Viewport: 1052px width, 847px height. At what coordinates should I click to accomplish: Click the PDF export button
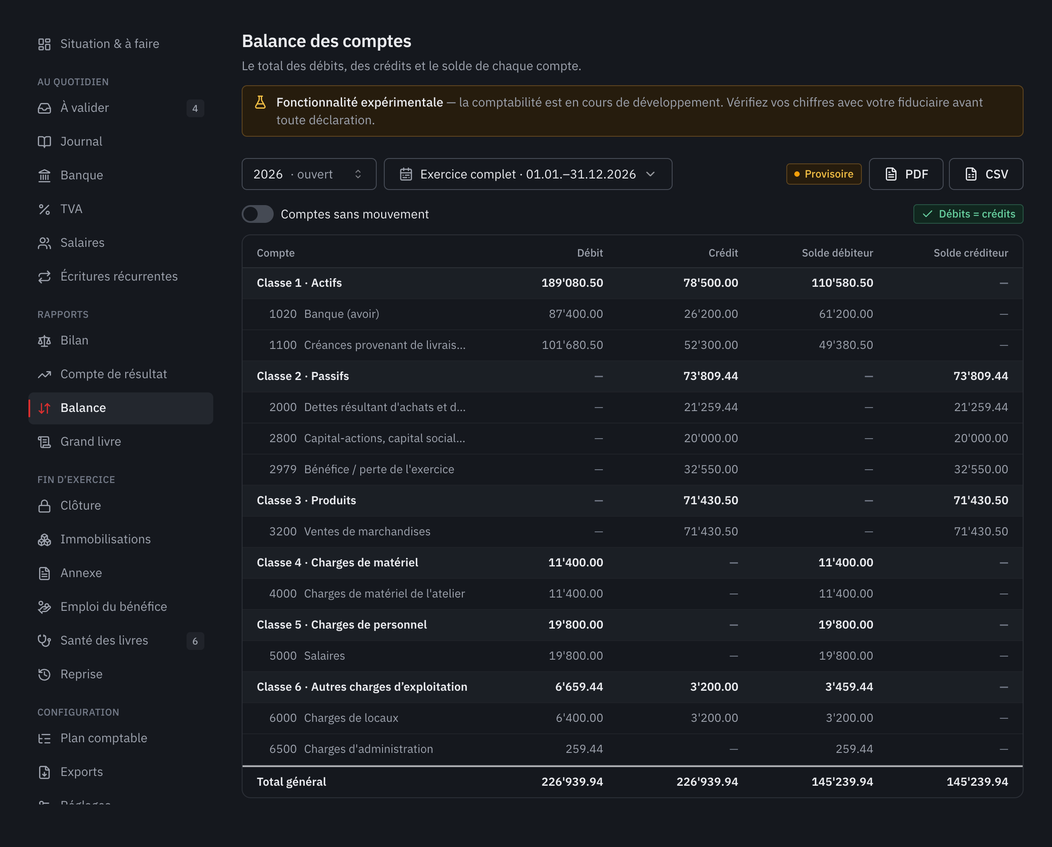point(905,174)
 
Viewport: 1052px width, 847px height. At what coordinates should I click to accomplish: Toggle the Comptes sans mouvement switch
point(258,214)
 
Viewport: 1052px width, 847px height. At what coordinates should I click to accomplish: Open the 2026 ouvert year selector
point(309,174)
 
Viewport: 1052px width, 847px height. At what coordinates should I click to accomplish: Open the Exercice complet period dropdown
point(528,174)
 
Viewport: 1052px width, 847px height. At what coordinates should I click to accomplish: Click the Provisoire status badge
point(824,174)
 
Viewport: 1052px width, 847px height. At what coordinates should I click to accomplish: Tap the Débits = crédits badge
point(968,214)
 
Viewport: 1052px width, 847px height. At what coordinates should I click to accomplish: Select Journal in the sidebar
point(81,142)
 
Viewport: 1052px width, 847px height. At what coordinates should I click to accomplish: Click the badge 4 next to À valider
point(195,108)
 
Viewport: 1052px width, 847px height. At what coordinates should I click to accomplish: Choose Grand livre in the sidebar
point(91,442)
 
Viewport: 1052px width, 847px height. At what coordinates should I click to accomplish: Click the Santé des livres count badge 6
point(195,641)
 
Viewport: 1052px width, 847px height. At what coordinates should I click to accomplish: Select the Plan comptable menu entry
point(104,738)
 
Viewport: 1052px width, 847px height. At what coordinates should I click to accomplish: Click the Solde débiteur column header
point(837,253)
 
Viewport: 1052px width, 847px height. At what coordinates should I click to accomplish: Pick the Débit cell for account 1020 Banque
point(576,314)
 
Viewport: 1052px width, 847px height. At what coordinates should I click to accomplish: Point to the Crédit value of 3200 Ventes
point(711,531)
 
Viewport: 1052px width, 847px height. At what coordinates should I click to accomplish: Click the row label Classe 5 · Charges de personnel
point(342,625)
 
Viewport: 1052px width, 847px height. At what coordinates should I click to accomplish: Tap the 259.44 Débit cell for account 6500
point(584,749)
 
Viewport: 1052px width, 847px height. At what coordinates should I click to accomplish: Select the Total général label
point(291,782)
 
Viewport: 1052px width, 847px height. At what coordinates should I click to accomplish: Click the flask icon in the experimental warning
point(260,103)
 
